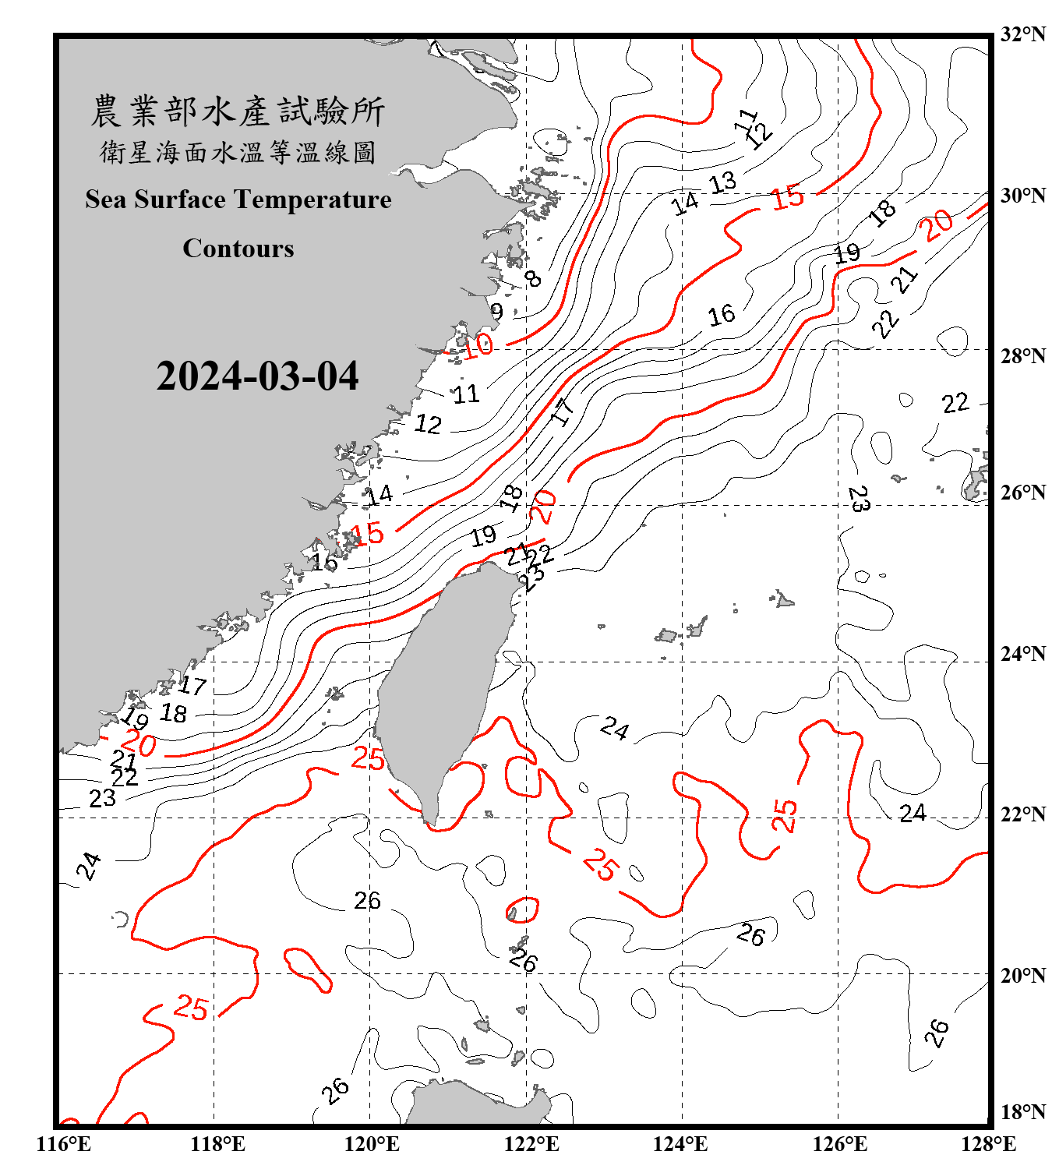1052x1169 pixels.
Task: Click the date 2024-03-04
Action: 257,376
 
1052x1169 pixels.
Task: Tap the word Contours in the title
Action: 238,249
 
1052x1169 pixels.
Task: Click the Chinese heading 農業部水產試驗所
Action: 238,111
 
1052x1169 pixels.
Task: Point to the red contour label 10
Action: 478,344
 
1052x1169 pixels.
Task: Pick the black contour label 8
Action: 533,278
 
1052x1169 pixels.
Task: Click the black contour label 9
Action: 496,312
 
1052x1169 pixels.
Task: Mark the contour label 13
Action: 722,183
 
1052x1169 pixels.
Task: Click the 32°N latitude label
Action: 1022,34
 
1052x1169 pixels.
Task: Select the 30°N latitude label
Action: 1022,195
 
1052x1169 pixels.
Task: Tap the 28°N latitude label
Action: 1022,356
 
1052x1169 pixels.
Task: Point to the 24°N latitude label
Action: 1022,653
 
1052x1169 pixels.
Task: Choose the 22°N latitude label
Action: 1022,814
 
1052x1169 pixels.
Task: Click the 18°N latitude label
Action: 1022,1112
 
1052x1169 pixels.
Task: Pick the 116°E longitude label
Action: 64,1144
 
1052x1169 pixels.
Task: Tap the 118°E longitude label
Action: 217,1144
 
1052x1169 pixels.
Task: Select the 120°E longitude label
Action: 372,1144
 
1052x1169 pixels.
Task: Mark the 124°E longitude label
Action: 680,1144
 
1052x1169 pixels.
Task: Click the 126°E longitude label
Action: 839,1144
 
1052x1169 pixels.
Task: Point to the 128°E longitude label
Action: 988,1144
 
